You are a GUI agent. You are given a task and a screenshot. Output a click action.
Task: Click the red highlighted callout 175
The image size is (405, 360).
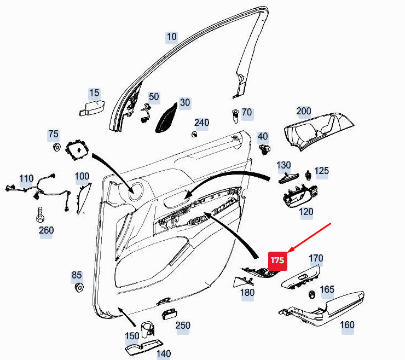tap(277, 260)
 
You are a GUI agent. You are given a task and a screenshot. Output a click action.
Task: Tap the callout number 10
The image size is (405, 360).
tap(172, 37)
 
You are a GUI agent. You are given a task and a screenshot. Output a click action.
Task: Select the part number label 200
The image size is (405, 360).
tap(303, 111)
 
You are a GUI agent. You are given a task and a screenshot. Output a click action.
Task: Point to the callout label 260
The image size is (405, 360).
tap(47, 230)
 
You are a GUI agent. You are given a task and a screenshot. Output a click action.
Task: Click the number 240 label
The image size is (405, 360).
tap(201, 123)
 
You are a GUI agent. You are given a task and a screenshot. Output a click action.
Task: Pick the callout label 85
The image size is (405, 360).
tap(77, 275)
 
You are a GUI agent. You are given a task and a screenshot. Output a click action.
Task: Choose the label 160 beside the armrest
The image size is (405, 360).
tap(347, 325)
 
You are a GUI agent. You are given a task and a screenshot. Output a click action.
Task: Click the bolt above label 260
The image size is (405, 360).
tap(40, 214)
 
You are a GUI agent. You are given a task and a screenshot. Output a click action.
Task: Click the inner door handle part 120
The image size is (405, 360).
tap(298, 197)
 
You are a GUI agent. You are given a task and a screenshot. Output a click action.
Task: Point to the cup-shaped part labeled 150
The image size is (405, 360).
tap(146, 330)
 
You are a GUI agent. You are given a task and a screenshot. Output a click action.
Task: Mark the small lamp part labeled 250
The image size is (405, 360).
tap(168, 314)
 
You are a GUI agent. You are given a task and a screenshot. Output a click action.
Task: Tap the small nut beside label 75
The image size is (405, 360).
tap(56, 147)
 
